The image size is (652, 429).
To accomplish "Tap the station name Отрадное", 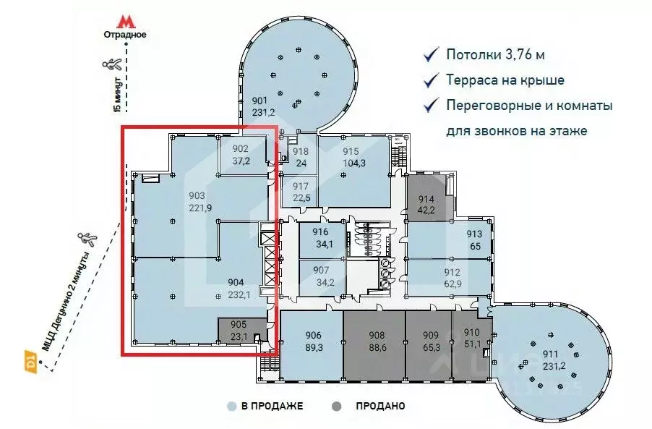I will (125, 35).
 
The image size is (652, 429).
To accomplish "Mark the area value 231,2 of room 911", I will (554, 366).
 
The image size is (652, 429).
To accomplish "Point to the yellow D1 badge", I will (30, 358).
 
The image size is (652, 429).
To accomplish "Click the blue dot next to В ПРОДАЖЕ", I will (231, 407).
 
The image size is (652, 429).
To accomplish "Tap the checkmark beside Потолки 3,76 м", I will (432, 55).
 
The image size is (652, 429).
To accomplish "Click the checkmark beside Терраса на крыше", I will (432, 80).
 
